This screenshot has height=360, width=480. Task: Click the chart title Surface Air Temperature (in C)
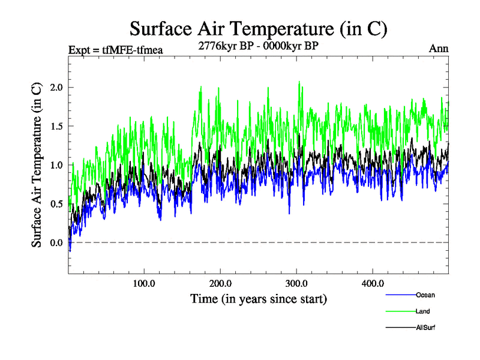[x=259, y=29]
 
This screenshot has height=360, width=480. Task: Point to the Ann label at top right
[x=439, y=49]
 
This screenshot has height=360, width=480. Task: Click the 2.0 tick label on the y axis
[x=56, y=88]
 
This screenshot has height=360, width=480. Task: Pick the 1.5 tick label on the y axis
[x=56, y=126]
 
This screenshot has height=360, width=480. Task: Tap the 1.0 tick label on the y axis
[x=56, y=165]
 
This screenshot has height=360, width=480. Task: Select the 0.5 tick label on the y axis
[x=56, y=204]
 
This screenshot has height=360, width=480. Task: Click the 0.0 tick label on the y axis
[x=56, y=242]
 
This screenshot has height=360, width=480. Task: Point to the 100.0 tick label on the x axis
[x=144, y=283]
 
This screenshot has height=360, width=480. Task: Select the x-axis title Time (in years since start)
[x=259, y=298]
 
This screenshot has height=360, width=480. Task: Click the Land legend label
[x=422, y=311]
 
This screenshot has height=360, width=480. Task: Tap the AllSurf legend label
[x=424, y=328]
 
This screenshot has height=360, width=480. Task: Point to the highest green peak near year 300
[x=299, y=82]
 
